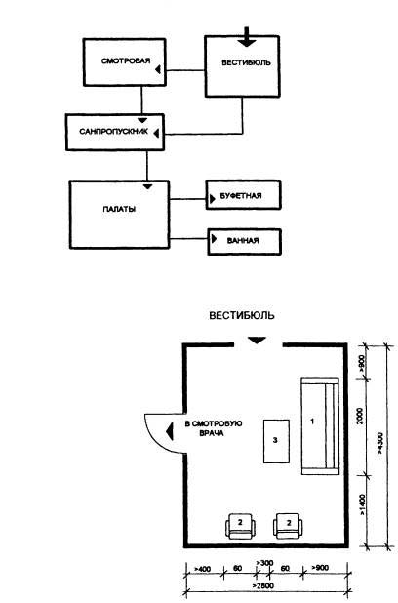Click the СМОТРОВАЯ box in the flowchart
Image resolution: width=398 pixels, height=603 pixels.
tap(124, 61)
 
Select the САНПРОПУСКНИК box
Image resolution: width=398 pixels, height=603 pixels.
tap(115, 132)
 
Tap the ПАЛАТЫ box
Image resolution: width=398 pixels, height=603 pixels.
tap(119, 215)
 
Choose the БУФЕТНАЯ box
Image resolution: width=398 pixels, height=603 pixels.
tap(244, 195)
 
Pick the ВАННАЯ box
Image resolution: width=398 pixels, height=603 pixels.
tap(244, 242)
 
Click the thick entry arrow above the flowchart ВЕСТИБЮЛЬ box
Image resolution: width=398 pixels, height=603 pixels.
tap(247, 37)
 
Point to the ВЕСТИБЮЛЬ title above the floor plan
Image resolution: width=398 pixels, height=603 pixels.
tap(242, 316)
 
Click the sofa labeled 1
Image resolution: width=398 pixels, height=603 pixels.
tap(320, 425)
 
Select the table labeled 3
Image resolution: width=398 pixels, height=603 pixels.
tap(276, 441)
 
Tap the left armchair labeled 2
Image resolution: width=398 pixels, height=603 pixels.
tap(240, 526)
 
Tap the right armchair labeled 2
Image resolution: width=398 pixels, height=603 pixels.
tap(288, 526)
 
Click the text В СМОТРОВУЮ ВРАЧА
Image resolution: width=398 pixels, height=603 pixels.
tap(214, 428)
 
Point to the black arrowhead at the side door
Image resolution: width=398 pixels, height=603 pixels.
tap(169, 431)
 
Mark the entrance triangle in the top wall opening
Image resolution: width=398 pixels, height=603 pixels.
tap(257, 341)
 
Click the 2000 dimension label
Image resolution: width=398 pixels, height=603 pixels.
tap(360, 416)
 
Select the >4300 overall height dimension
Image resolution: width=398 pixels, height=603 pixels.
tap(380, 444)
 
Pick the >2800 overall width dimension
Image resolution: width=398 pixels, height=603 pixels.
tap(263, 586)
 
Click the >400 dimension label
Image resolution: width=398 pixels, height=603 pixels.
tap(202, 569)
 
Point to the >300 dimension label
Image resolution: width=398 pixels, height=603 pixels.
tap(264, 563)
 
